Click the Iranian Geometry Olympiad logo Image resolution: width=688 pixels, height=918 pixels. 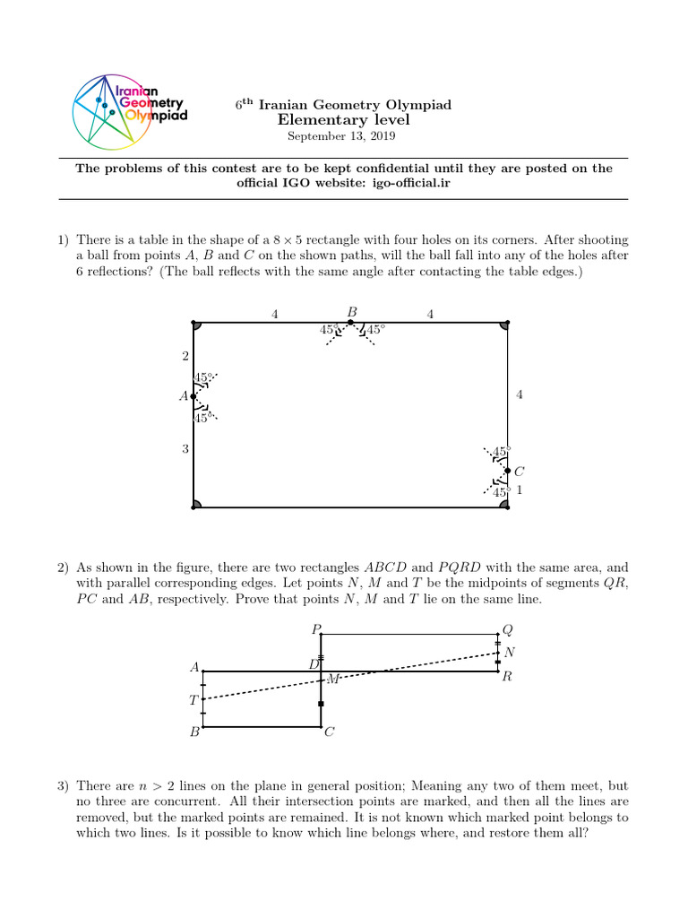point(129,110)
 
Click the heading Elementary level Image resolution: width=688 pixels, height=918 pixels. point(343,120)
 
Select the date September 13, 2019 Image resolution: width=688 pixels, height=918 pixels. point(340,136)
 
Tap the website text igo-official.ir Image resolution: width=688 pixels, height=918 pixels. point(413,183)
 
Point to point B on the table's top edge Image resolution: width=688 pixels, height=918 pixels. point(350,322)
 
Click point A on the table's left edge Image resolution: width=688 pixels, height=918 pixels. point(193,396)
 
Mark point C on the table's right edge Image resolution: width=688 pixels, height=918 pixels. point(507,471)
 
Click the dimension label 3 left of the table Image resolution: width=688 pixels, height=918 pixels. point(185,448)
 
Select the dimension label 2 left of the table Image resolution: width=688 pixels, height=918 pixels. point(185,356)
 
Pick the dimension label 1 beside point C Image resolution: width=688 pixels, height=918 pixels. point(520,490)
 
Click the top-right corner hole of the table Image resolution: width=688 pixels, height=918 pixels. point(505,325)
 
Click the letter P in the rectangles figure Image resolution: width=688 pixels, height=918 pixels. point(315,629)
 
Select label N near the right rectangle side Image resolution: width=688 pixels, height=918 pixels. point(510,652)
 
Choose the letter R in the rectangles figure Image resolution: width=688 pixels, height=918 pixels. point(507,677)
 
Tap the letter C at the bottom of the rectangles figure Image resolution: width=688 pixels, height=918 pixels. point(329,732)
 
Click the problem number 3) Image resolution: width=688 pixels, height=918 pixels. point(63,786)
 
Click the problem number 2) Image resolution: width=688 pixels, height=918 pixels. point(63,567)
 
